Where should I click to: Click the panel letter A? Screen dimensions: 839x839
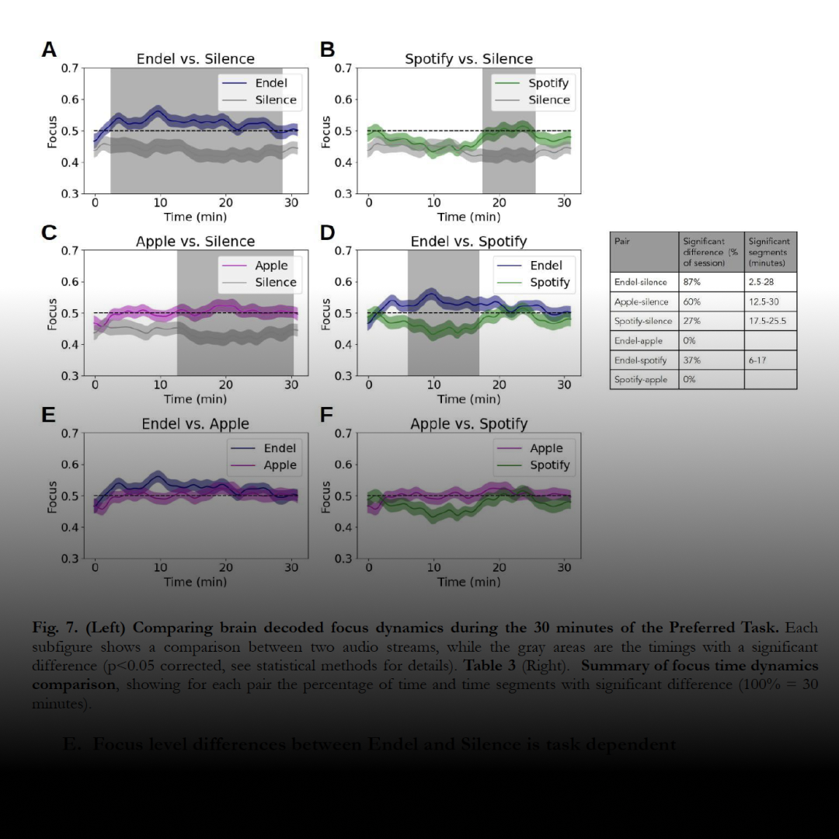pos(49,50)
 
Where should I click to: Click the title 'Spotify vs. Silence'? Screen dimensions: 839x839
pos(468,59)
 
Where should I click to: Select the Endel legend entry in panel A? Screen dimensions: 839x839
pos(265,83)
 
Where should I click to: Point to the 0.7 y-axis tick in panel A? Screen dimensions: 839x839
pos(71,68)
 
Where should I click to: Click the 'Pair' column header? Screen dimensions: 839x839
pos(622,242)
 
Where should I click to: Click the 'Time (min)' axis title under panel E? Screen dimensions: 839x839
pos(195,582)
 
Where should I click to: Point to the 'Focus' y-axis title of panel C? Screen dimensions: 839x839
pos(53,314)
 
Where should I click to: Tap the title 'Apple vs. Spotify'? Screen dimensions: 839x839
pos(468,424)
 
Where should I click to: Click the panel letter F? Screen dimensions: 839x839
pos(327,415)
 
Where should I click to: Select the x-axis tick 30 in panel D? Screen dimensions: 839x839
pos(565,385)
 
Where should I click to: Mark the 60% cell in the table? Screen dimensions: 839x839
pos(691,302)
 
